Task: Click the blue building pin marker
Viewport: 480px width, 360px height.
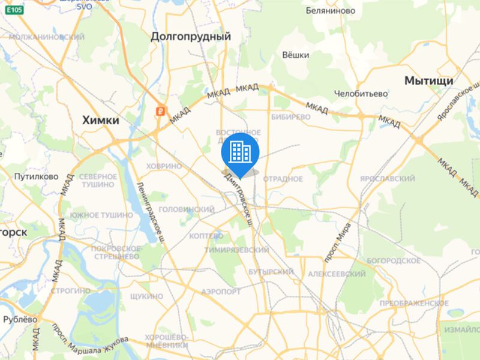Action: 240,152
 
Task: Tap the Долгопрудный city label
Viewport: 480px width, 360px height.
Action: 191,37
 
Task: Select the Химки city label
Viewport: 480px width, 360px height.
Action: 100,121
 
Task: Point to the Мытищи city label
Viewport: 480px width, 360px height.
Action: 428,80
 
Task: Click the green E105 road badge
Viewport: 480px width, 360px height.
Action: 16,10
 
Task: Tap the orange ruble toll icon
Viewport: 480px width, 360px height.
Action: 160,111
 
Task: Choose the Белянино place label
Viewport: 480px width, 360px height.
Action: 330,11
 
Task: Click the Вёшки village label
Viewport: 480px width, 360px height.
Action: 295,55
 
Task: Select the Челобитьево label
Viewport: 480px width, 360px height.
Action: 361,94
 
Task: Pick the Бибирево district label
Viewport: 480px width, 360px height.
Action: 290,117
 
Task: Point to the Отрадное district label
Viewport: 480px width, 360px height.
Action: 283,179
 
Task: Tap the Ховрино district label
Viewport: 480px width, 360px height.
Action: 164,166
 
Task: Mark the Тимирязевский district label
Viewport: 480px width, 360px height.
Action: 236,250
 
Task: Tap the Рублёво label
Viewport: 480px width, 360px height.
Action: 20,319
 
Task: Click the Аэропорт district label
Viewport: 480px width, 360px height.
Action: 221,291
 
